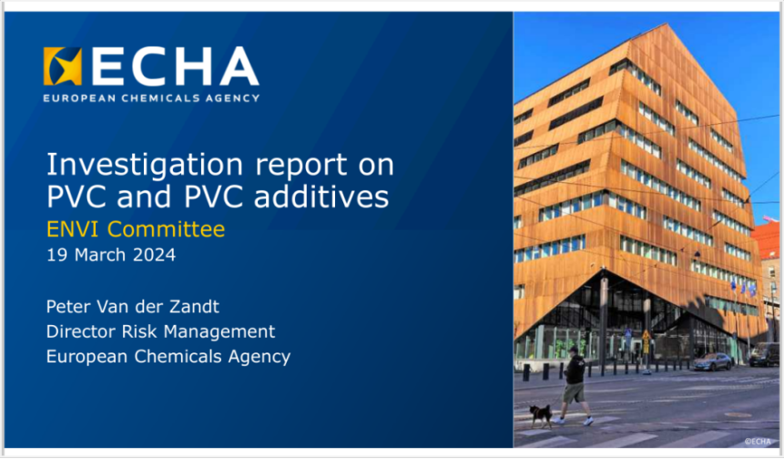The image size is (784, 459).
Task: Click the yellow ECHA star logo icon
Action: click(63, 66)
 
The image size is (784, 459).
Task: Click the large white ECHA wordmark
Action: click(175, 67)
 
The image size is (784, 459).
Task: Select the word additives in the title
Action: click(321, 196)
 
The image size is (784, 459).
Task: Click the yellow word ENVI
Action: click(74, 229)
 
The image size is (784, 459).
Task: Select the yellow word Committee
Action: click(166, 229)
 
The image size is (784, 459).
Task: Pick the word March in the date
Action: click(100, 255)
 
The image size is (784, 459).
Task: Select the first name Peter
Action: click(65, 306)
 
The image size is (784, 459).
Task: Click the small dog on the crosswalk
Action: click(541, 415)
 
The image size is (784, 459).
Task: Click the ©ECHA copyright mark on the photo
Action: click(758, 442)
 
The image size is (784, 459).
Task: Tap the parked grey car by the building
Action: click(712, 361)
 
